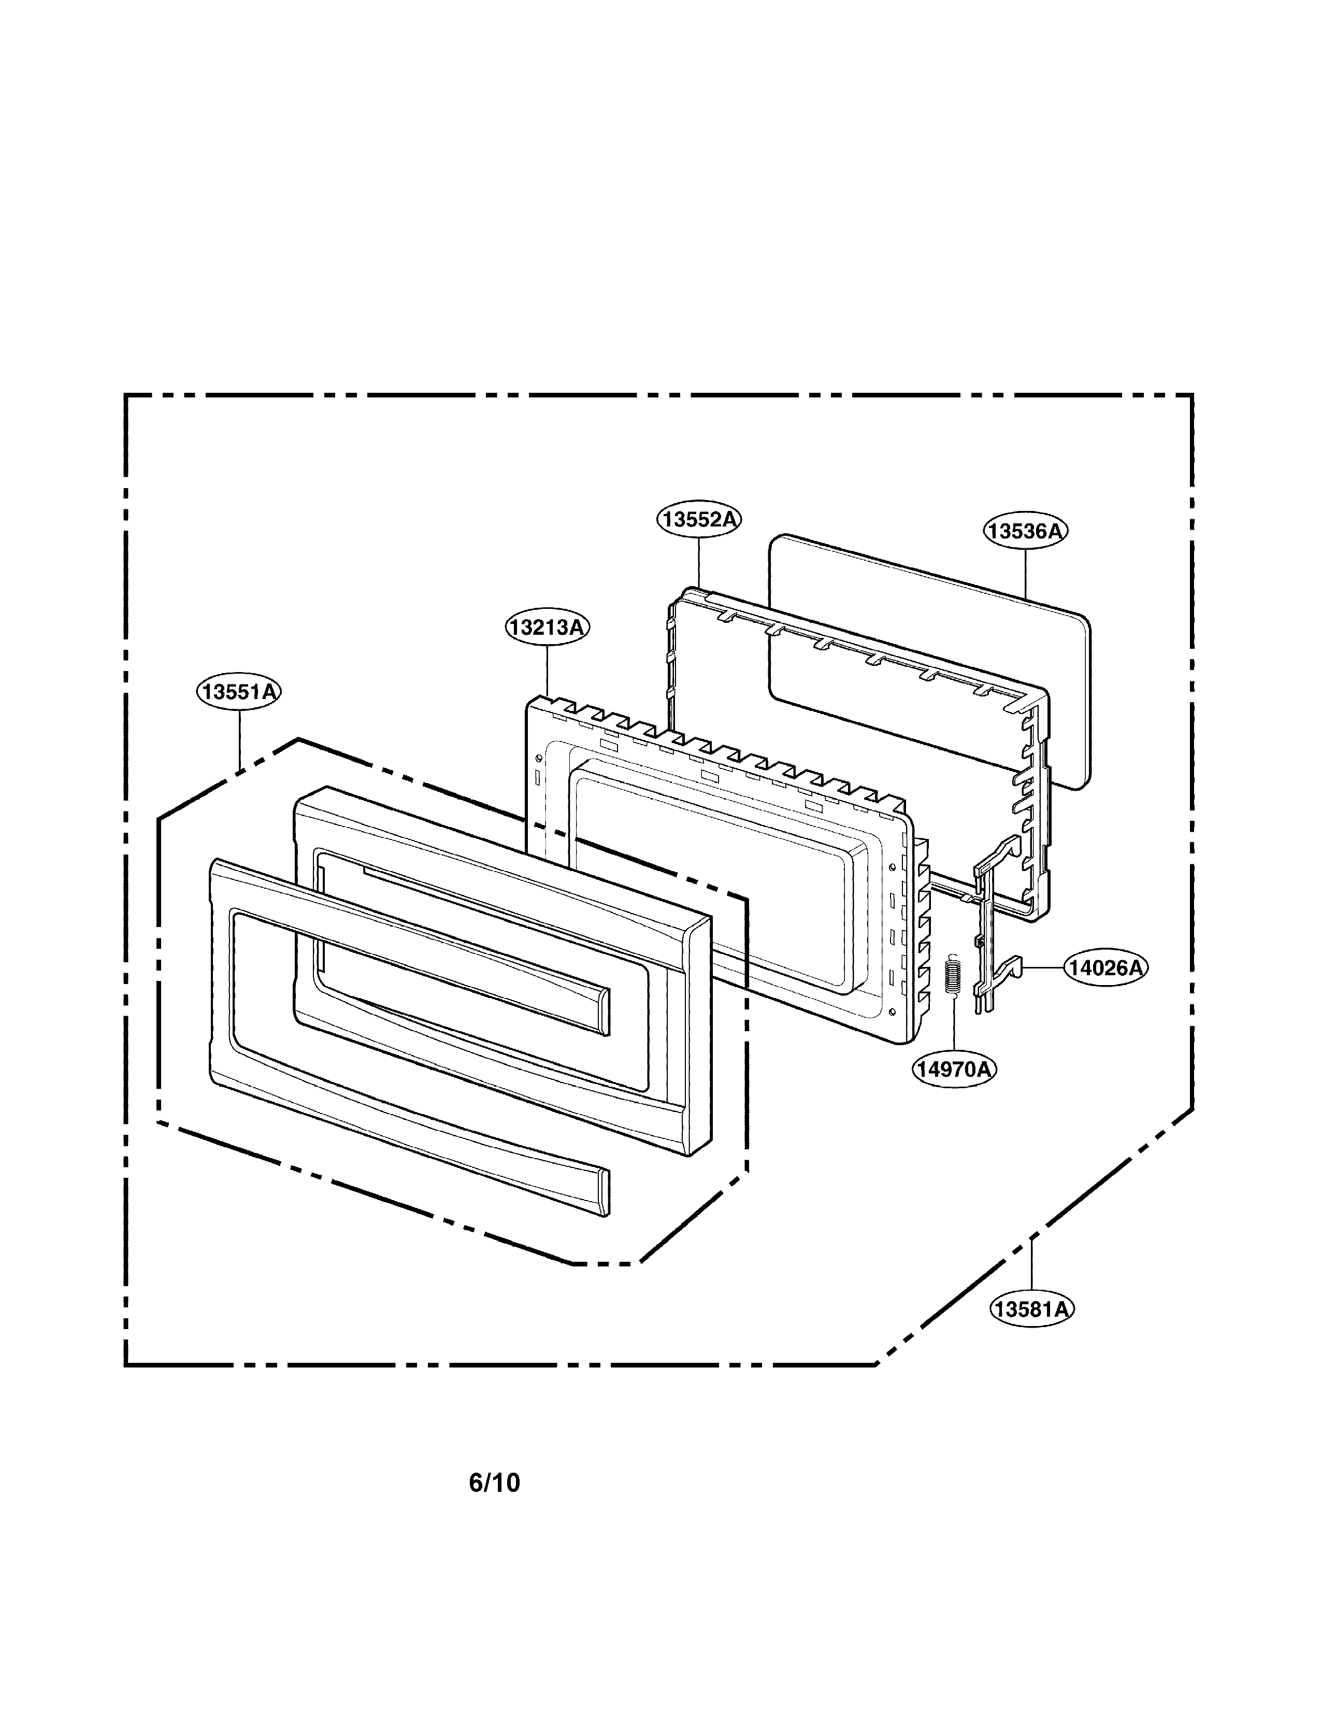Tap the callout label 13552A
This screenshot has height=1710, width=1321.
pos(698,519)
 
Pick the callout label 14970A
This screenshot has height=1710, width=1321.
pos(954,1068)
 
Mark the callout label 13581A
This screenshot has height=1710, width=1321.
pos(1031,1308)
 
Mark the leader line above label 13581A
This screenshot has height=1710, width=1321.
pos(1031,1264)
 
